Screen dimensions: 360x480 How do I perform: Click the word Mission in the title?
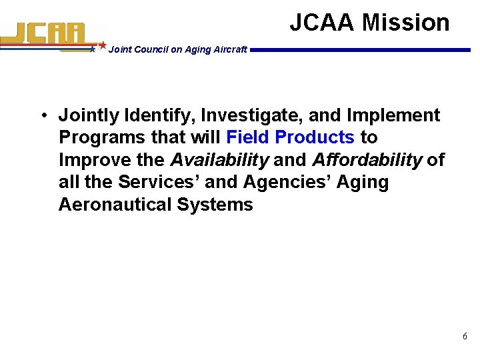[x=406, y=23]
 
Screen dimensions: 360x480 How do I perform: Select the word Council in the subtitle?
[x=149, y=49]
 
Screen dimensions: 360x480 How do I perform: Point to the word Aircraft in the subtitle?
[x=230, y=49]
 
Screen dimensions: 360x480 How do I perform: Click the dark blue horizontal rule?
[x=360, y=49]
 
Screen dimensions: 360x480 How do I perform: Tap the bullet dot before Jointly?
[x=41, y=115]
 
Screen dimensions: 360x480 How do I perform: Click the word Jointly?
[x=89, y=115]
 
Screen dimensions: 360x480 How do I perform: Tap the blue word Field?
[x=248, y=137]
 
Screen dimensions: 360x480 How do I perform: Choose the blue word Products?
[x=315, y=137]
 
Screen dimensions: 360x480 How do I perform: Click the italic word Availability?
[x=220, y=160]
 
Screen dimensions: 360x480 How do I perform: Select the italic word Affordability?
[x=367, y=160]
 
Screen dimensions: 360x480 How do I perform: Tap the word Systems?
[x=215, y=204]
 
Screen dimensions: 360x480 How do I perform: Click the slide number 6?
[x=465, y=337]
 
